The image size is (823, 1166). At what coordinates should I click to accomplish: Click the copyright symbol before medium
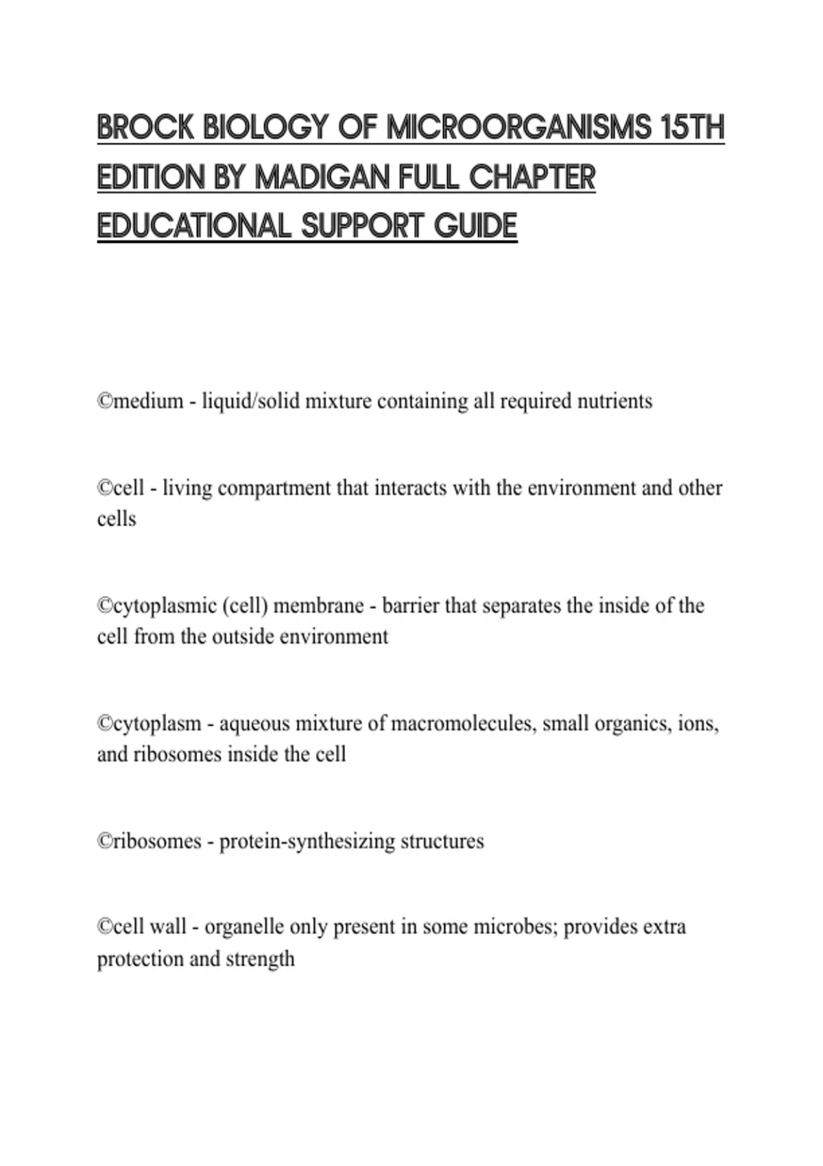104,401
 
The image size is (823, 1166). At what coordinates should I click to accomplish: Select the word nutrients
615,401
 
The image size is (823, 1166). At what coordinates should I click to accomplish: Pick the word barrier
411,606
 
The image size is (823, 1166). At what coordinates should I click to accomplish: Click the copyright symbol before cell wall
104,927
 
